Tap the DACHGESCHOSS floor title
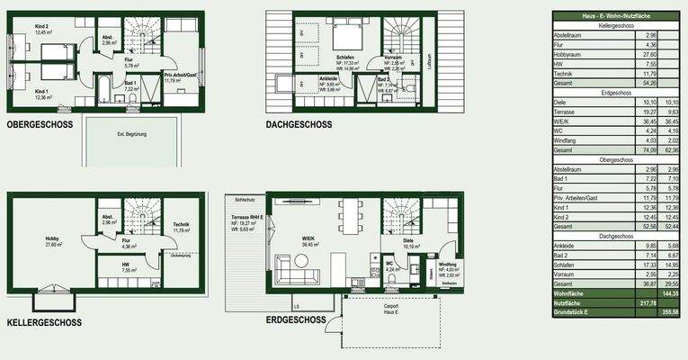tap(299, 125)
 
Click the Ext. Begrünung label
tap(131, 134)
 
